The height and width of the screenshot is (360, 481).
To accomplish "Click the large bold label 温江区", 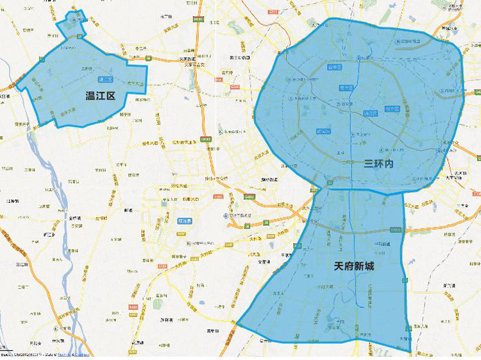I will [x=101, y=96].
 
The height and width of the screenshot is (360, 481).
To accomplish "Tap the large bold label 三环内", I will [x=379, y=164].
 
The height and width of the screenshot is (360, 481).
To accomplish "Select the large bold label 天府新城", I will [x=354, y=265].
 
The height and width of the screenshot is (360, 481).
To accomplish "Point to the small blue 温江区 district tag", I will [x=105, y=80].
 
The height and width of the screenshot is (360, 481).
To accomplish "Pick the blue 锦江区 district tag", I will [x=370, y=114].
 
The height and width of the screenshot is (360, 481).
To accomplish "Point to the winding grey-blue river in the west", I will [x=65, y=212].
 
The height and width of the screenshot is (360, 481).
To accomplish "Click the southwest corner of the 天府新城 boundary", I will [x=238, y=323].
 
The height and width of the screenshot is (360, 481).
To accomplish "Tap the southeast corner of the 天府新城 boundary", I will [x=410, y=351].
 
